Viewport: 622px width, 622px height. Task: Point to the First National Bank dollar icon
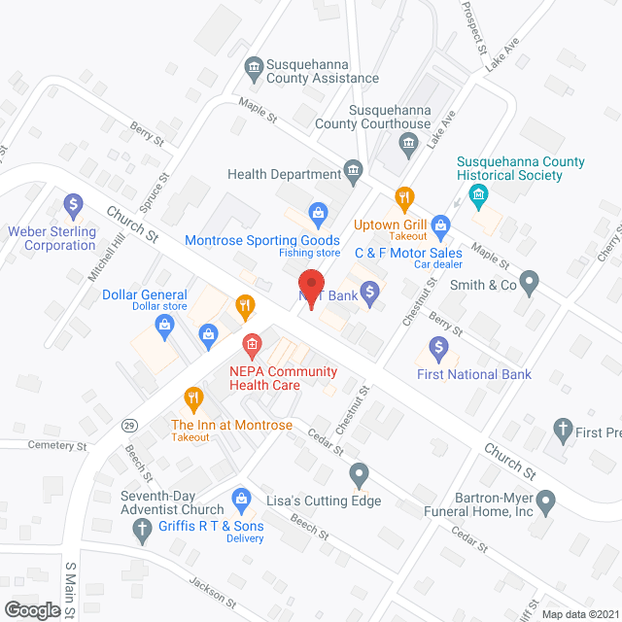click(x=438, y=346)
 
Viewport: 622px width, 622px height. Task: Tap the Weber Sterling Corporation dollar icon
click(x=72, y=205)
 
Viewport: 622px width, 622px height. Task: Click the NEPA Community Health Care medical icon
click(x=251, y=343)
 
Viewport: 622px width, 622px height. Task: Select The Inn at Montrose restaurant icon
click(x=192, y=397)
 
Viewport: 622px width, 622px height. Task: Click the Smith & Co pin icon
click(x=530, y=285)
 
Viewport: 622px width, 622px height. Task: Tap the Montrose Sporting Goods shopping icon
click(x=317, y=211)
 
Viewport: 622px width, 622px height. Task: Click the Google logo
click(x=31, y=609)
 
